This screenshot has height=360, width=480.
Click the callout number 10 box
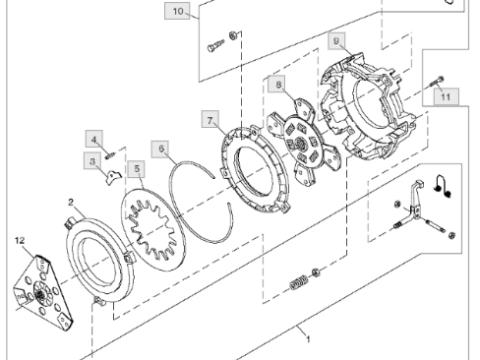(178, 11)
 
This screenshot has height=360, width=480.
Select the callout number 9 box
(336, 41)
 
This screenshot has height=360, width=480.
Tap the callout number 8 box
(279, 85)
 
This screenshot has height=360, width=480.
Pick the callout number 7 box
(210, 119)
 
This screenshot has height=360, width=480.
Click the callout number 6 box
(162, 149)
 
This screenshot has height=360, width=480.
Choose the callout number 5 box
(137, 169)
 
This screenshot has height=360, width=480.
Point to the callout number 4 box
(94, 139)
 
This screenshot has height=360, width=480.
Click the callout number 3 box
(92, 161)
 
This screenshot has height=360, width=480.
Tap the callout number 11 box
(446, 97)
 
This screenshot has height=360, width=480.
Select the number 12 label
(20, 240)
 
